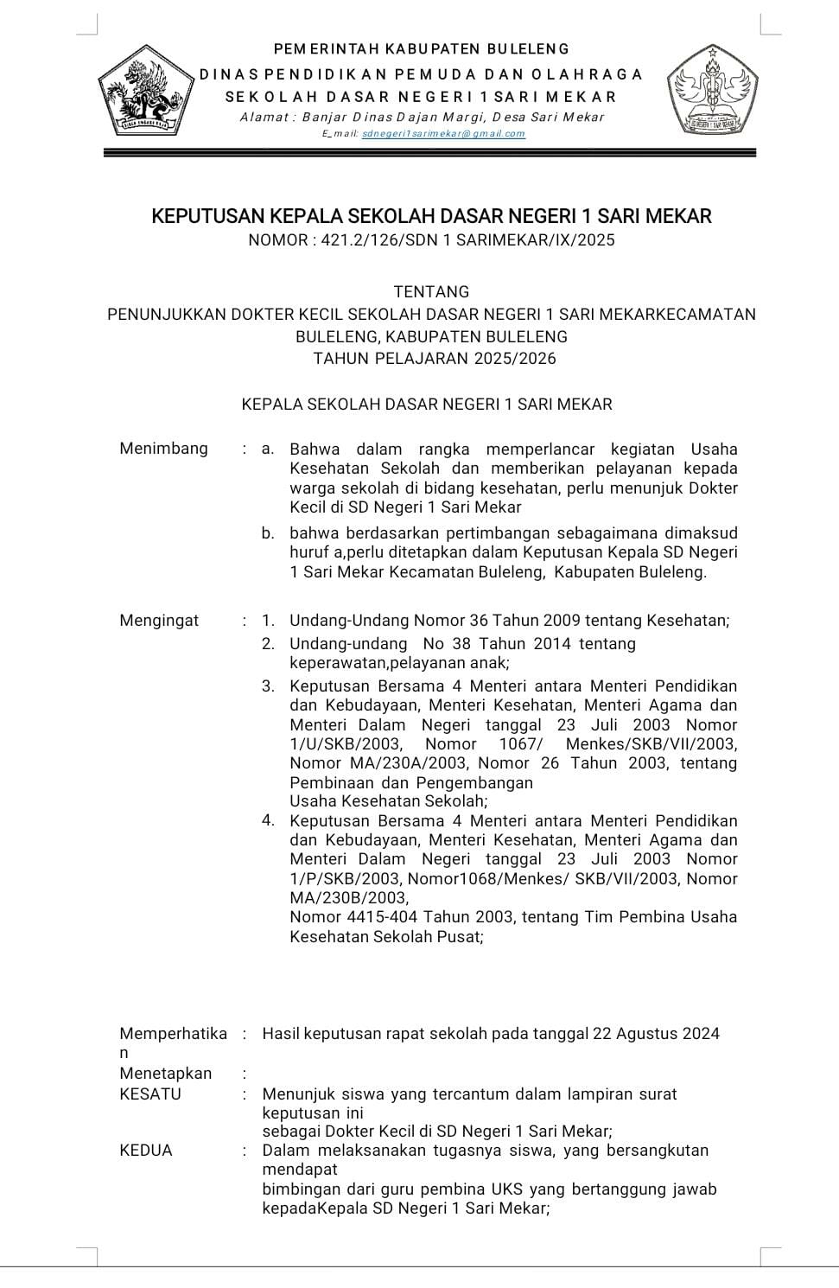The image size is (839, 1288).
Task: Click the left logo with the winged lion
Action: pyautogui.click(x=143, y=96)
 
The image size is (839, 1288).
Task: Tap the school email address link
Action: pyautogui.click(x=443, y=134)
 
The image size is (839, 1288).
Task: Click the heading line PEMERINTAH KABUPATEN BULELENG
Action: pyautogui.click(x=422, y=49)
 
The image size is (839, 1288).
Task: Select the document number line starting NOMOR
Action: pyautogui.click(x=431, y=240)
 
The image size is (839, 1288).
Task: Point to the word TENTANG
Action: pyautogui.click(x=431, y=292)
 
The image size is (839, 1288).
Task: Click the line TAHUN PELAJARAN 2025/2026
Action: pyautogui.click(x=435, y=359)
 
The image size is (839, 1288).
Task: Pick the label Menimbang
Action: pyautogui.click(x=163, y=448)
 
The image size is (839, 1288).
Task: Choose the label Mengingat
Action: pyautogui.click(x=159, y=620)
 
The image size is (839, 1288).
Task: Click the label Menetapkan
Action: pyautogui.click(x=165, y=1074)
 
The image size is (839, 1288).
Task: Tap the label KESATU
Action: pyautogui.click(x=150, y=1094)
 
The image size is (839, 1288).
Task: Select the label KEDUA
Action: pyautogui.click(x=146, y=1151)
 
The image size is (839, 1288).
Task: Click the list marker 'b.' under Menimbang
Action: pyautogui.click(x=269, y=533)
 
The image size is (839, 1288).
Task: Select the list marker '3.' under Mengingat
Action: pyautogui.click(x=268, y=686)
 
